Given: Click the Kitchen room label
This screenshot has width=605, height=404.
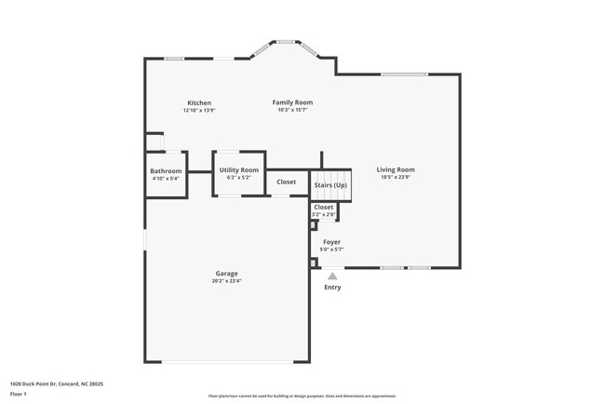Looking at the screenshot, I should click(199, 102).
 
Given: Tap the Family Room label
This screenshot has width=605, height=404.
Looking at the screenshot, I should click(292, 101).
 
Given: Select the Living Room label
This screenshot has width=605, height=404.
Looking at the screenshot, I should click(396, 169).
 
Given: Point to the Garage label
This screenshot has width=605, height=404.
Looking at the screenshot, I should click(226, 274).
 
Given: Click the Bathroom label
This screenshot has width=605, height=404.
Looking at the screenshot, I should click(166, 170).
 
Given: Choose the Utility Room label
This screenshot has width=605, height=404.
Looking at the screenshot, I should click(239, 169).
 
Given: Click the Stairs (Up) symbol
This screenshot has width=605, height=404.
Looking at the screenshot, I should click(330, 185).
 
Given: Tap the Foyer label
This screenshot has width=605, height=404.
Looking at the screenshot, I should click(331, 242).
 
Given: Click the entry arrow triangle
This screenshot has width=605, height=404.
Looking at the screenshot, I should click(332, 276).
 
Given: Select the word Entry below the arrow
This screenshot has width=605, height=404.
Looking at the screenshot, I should click(332, 288).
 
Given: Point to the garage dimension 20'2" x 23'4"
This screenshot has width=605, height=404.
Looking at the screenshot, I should click(226, 281).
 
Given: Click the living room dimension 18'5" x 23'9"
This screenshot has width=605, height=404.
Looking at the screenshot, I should click(396, 177).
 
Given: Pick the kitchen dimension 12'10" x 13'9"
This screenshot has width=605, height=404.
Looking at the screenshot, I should click(199, 110).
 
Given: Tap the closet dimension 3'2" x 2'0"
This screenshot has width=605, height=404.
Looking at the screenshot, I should click(323, 214).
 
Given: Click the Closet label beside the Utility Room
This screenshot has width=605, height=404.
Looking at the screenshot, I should click(287, 182).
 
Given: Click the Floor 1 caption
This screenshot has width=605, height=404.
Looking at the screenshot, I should click(19, 394).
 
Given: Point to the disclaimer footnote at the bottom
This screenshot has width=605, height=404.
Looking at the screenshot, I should click(302, 396).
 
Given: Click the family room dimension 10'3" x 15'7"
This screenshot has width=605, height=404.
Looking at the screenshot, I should click(292, 110).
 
